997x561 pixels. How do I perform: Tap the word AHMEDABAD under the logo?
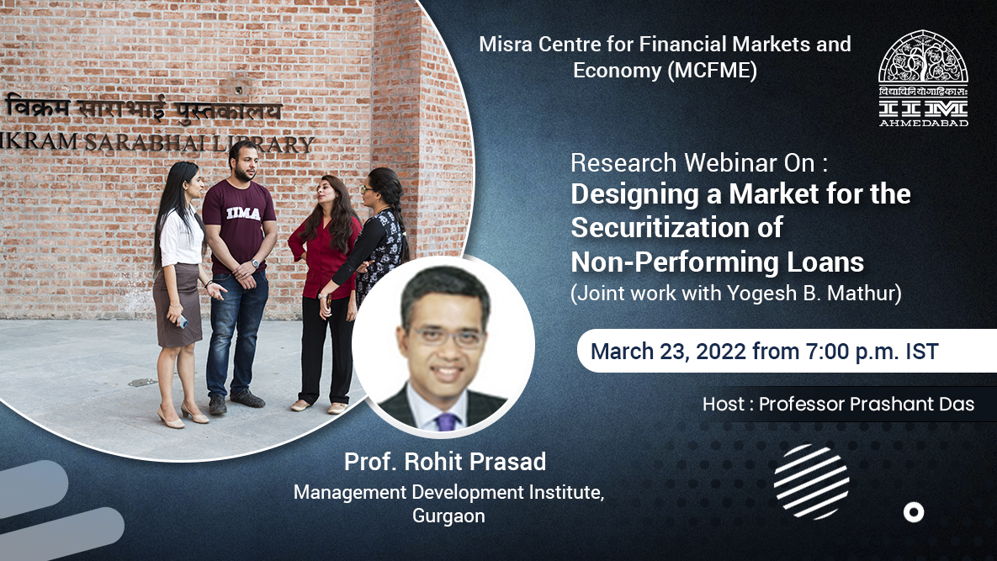[x=923, y=121]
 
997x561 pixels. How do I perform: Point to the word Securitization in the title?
[x=676, y=227]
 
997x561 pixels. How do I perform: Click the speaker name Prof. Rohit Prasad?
[x=445, y=462]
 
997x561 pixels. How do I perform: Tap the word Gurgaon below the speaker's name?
[x=448, y=516]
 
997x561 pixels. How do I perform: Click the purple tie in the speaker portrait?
[x=446, y=421]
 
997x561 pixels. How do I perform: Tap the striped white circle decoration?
[x=811, y=482]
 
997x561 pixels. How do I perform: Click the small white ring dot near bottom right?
[x=913, y=512]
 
